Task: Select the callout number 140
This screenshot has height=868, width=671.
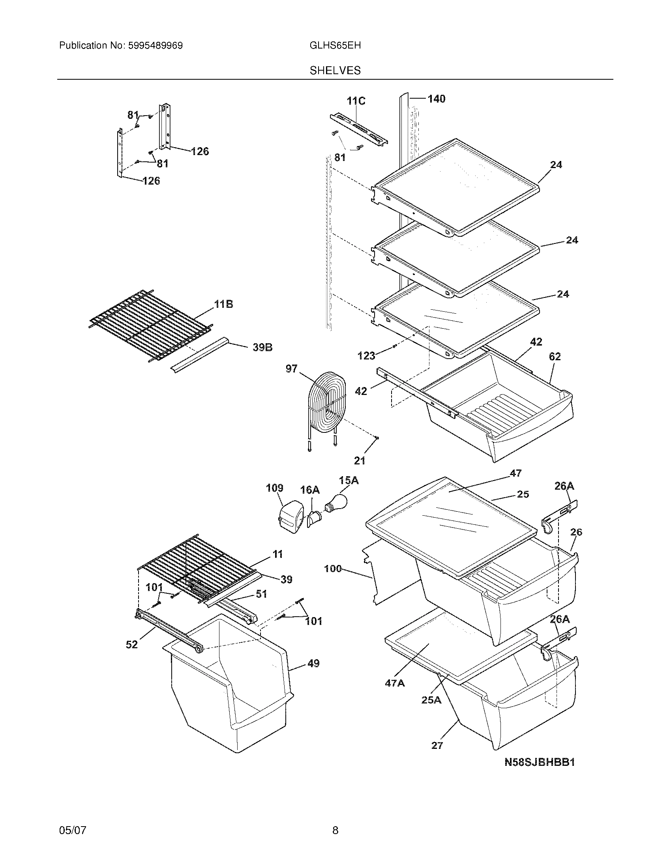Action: [x=436, y=99]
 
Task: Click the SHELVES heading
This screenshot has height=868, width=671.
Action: [x=335, y=71]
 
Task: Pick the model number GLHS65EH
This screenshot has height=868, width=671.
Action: [x=335, y=46]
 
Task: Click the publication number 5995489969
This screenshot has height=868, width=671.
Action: [x=155, y=46]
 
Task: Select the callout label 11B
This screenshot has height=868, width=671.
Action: [x=223, y=305]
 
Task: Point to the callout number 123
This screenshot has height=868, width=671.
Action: [x=366, y=356]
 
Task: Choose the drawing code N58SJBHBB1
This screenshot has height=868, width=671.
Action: [x=540, y=762]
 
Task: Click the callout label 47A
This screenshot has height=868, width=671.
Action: [x=394, y=683]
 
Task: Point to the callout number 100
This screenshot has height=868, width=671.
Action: [x=333, y=569]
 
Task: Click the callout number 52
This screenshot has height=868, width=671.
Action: [x=131, y=645]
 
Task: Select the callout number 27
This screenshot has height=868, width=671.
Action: [x=437, y=746]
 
